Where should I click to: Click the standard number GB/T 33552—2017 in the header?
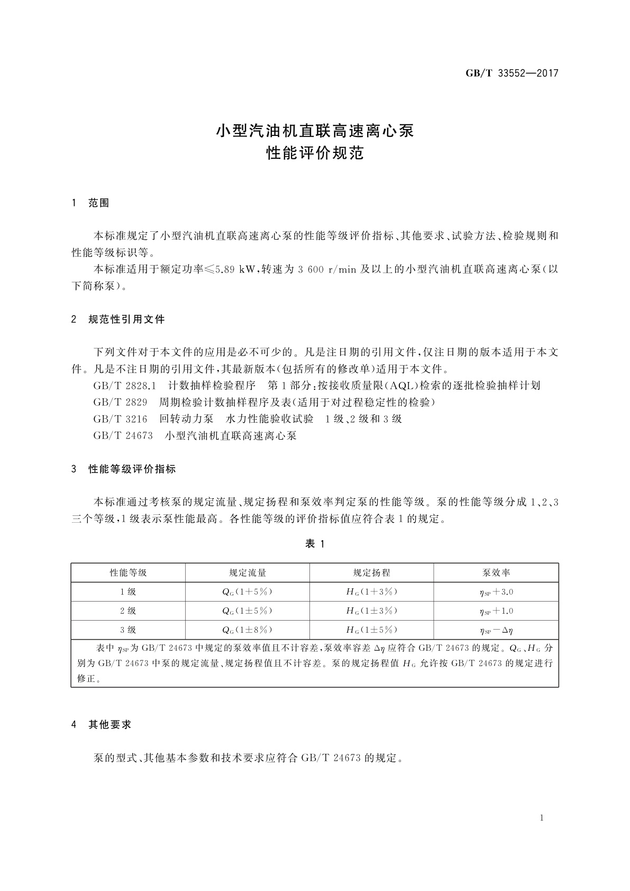coord(512,73)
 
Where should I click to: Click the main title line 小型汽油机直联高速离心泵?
coord(315,131)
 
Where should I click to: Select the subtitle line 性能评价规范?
coord(315,154)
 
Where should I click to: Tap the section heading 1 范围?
coord(90,203)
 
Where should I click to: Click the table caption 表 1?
coord(315,544)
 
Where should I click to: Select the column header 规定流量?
coord(247,572)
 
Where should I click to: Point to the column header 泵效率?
coord(496,572)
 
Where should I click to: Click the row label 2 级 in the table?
coord(128,611)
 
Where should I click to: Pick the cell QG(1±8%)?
coord(247,630)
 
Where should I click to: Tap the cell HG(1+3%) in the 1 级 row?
coord(371,592)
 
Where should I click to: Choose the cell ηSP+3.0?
coord(496,592)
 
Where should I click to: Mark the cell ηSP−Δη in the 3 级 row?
coord(496,630)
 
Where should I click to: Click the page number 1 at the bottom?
coord(542,818)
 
